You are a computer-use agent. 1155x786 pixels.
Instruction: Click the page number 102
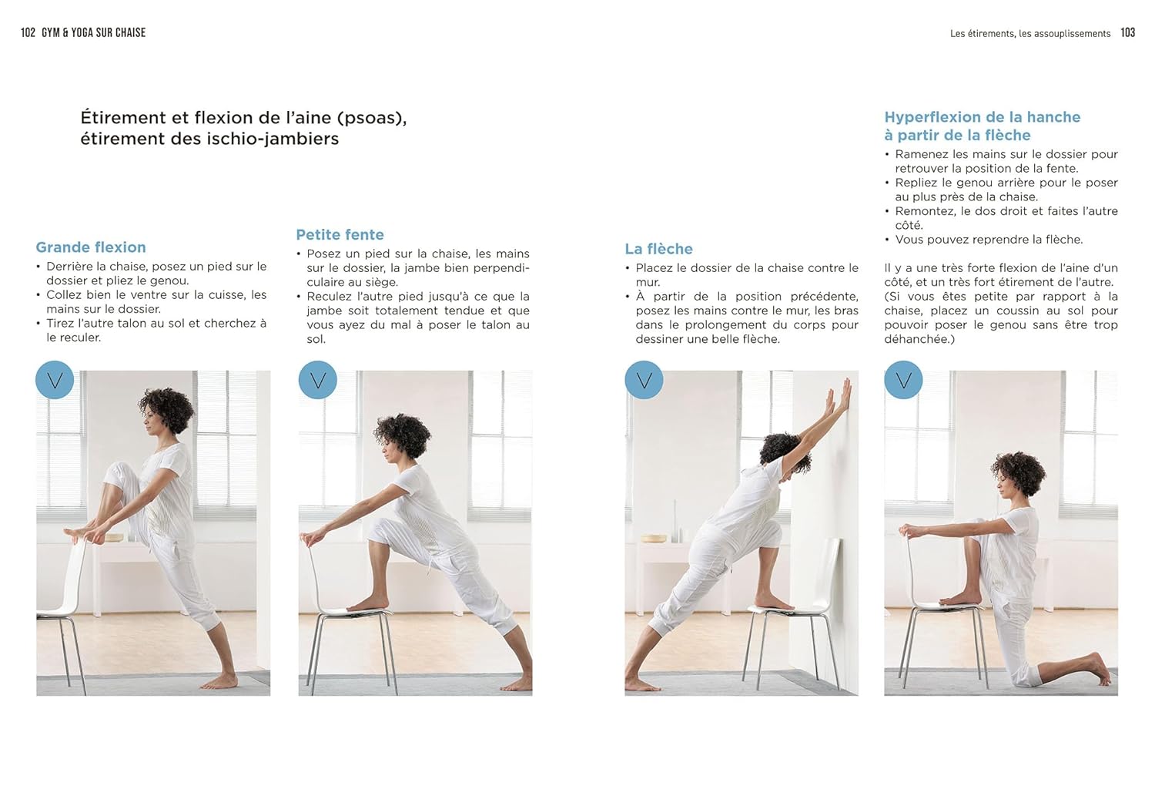28,32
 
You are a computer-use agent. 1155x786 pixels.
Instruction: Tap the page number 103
1127,32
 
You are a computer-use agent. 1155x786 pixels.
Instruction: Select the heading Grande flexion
91,247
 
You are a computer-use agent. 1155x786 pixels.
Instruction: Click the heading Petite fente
340,235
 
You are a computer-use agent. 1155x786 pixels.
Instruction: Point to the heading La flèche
658,249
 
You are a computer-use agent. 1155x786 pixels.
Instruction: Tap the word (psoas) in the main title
372,118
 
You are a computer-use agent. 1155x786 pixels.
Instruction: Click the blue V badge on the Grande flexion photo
55,380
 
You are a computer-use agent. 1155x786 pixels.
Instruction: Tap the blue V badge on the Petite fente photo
317,380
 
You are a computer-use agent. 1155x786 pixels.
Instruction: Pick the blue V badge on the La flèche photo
644,380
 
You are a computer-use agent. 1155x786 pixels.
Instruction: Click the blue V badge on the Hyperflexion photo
903,380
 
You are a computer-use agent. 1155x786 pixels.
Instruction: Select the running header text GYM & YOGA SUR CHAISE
93,32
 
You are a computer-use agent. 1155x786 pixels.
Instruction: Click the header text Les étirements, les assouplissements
1029,33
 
